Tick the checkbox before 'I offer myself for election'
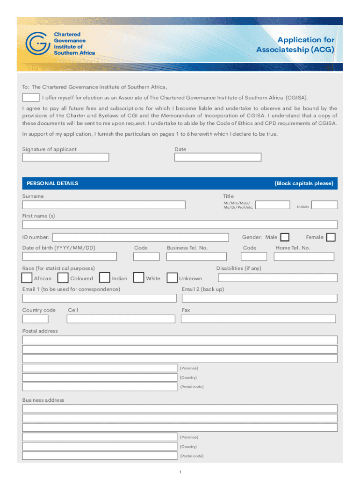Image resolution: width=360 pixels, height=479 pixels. click(x=31, y=97)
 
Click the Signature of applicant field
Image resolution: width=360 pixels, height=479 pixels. click(x=65, y=158)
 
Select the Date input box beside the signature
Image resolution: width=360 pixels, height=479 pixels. click(x=218, y=158)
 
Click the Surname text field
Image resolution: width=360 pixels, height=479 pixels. click(x=104, y=205)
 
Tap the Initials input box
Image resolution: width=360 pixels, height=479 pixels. click(x=324, y=205)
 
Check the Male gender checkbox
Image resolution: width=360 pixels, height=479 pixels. click(x=284, y=237)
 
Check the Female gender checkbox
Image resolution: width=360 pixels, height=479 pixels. click(x=331, y=237)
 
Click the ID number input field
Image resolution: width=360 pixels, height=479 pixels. click(x=141, y=237)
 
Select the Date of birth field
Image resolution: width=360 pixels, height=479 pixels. click(x=70, y=256)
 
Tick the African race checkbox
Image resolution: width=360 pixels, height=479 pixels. click(x=27, y=278)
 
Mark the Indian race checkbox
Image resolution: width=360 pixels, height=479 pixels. click(x=105, y=278)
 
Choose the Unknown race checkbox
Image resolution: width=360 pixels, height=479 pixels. click(x=172, y=278)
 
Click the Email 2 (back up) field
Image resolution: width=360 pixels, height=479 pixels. click(x=259, y=298)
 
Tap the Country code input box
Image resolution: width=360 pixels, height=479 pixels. click(x=35, y=319)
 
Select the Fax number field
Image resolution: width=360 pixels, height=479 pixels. click(x=258, y=319)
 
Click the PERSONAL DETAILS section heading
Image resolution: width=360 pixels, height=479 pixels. click(x=53, y=183)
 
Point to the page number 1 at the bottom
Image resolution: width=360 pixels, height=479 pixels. click(x=180, y=472)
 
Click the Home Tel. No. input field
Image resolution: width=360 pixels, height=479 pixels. click(x=304, y=256)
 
